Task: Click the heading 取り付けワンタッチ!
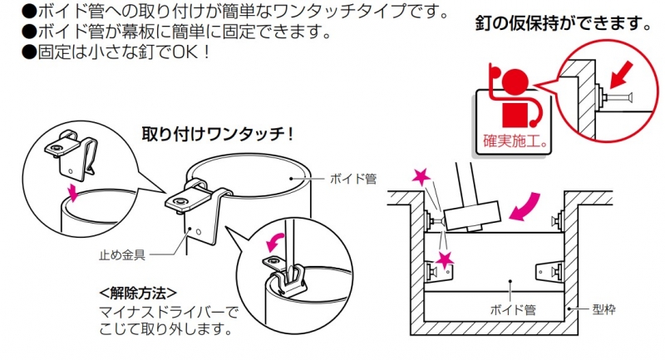217,135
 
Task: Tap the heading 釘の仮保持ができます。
564,23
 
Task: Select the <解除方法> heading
138,293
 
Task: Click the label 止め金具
122,255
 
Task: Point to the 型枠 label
603,309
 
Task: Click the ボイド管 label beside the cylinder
352,179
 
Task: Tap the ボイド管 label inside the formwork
512,309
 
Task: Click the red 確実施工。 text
515,141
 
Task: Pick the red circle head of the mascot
515,81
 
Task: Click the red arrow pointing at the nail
621,75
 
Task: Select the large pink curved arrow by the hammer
526,206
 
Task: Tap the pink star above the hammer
421,177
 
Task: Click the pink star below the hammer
445,260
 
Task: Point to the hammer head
471,216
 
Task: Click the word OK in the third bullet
185,52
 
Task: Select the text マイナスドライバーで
169,313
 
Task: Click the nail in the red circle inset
617,98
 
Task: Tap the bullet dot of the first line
29,11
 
